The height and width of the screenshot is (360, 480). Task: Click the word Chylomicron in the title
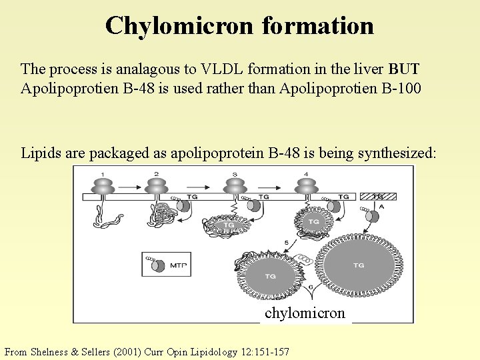(179, 25)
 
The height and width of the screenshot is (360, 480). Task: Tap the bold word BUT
(404, 69)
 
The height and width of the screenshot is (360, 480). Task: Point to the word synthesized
(397, 153)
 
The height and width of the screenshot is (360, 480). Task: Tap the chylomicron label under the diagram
(305, 313)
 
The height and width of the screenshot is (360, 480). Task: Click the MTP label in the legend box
(177, 265)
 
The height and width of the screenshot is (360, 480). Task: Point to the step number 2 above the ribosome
(156, 174)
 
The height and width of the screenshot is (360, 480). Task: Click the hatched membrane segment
(377, 197)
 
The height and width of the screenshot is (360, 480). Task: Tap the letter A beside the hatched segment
(381, 207)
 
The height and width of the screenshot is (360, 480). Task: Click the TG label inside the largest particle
(359, 265)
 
